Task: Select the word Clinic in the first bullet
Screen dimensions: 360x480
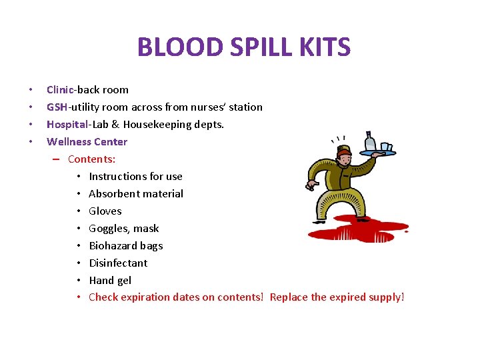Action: pos(61,89)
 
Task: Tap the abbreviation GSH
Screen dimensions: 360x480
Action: pos(57,107)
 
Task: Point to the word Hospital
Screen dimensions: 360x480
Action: pos(67,124)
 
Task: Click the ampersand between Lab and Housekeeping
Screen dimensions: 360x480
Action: pos(131,124)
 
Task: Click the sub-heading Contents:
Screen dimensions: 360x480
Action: pos(92,159)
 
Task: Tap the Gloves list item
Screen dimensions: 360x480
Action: pos(105,211)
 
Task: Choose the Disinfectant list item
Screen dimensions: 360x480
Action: pos(118,263)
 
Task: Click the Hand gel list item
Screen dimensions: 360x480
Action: pos(110,280)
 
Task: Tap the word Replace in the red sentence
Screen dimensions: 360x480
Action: pos(288,297)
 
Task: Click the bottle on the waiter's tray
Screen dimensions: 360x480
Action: pos(370,142)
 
